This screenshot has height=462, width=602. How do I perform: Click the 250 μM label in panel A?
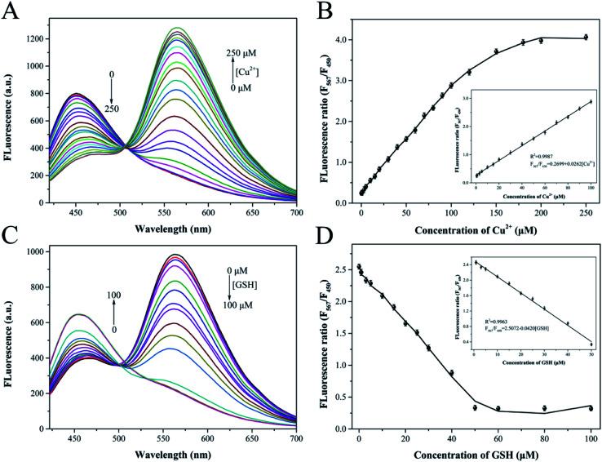coord(242,53)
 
